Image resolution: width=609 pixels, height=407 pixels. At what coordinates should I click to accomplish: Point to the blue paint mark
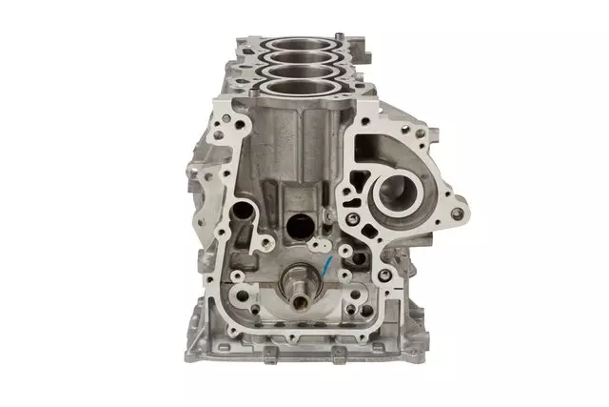point(326,264)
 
